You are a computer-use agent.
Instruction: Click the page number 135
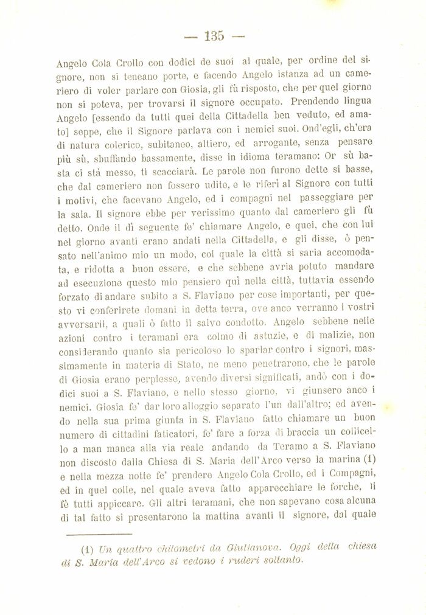coord(214,36)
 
